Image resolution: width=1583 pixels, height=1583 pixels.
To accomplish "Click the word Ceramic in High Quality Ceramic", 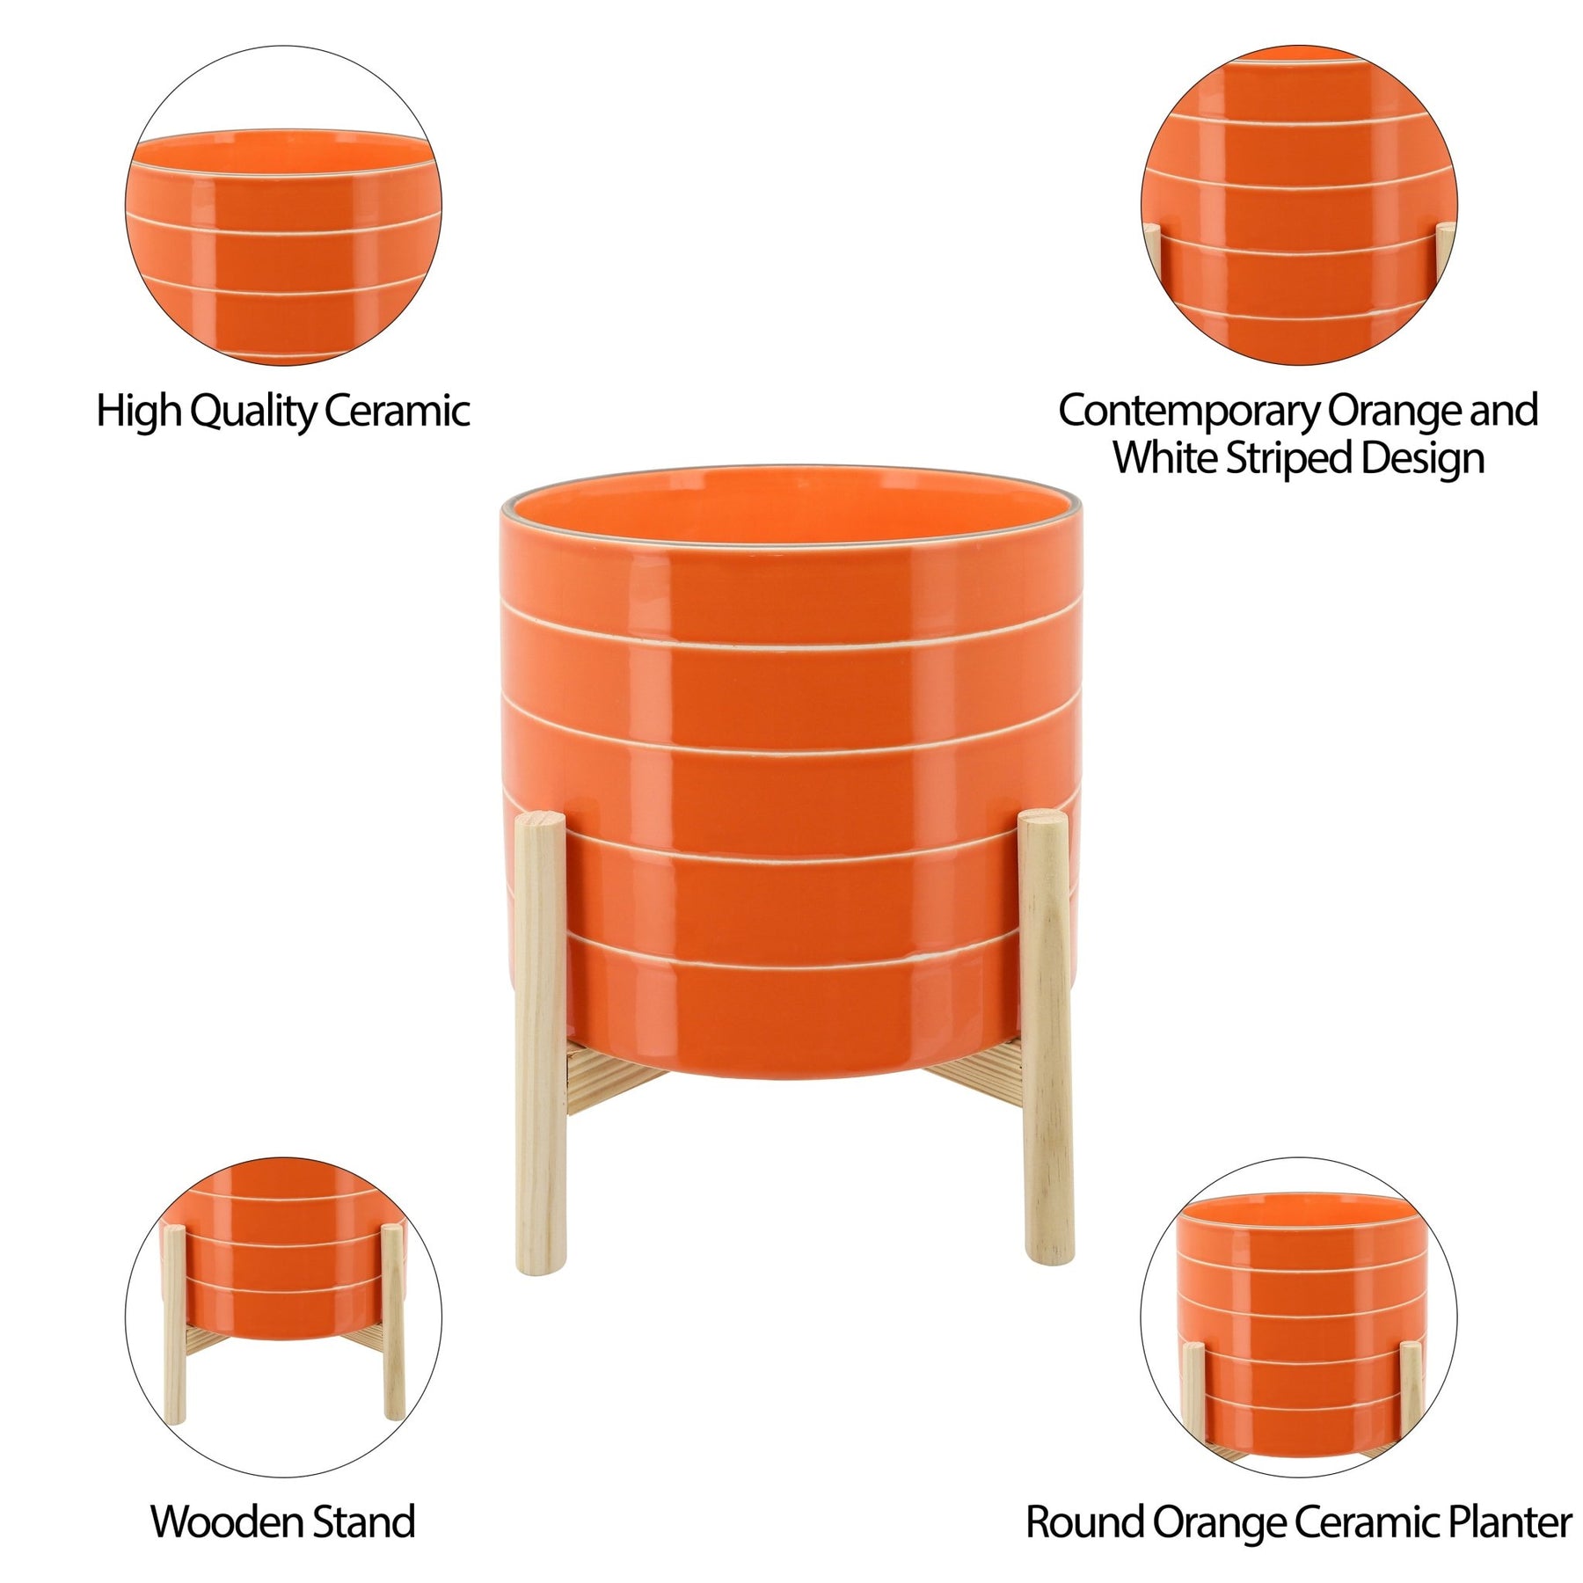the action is (397, 411).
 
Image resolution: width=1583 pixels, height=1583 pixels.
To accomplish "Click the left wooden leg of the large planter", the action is (540, 1043).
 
